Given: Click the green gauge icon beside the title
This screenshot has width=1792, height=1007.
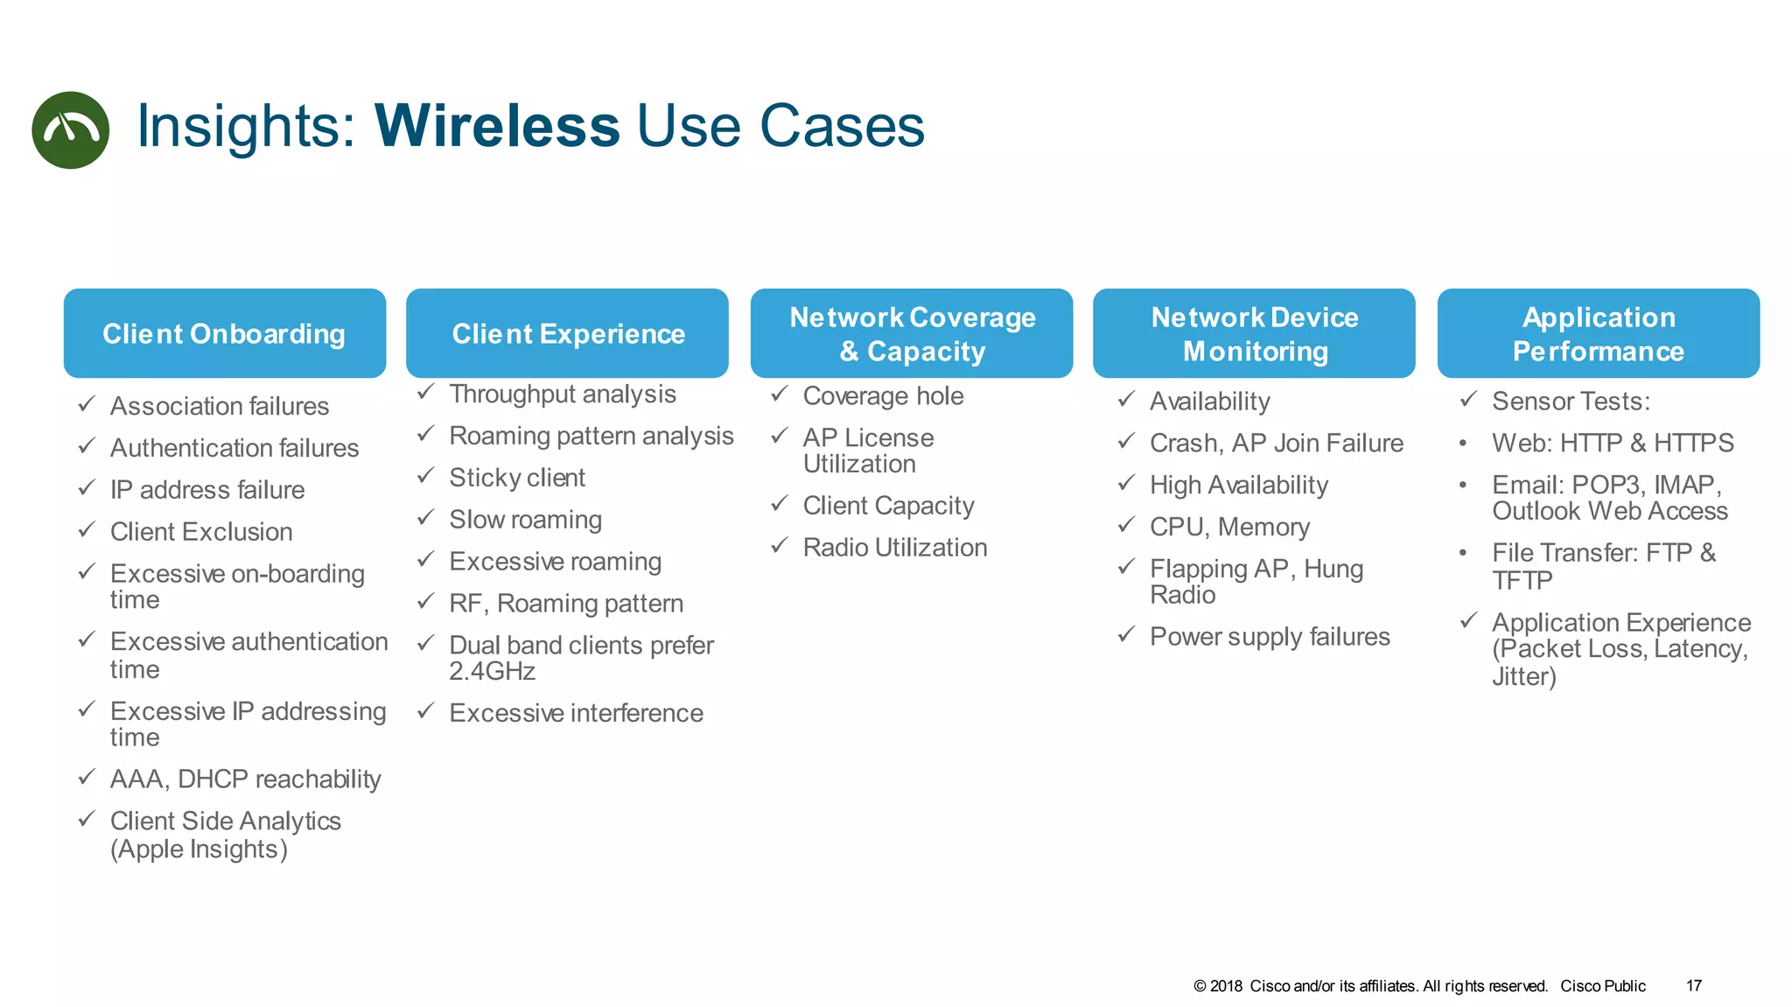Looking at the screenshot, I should [x=70, y=129].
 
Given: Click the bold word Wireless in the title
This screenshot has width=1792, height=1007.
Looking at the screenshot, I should [x=497, y=126].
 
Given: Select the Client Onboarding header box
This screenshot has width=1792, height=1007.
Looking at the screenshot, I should [x=224, y=333].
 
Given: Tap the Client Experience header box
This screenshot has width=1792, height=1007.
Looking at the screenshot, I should [x=567, y=333].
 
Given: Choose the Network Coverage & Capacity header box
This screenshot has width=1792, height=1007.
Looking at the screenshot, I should [x=912, y=333].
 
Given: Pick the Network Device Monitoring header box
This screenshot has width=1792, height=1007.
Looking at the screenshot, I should [x=1254, y=333].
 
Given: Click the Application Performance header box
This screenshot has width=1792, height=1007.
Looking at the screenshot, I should [x=1598, y=333].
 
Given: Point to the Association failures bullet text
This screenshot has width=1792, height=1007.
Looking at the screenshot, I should [x=219, y=406].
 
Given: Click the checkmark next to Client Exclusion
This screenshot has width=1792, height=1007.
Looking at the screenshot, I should [x=87, y=530].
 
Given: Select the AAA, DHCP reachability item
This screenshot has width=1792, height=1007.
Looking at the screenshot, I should [x=245, y=779].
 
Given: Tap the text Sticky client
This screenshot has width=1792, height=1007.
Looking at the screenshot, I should [x=516, y=478].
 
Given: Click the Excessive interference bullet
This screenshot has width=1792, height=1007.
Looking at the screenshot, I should [x=575, y=713].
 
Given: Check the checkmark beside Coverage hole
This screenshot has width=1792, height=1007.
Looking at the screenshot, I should [x=780, y=395].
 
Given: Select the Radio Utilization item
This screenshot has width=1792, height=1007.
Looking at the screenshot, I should [x=894, y=548].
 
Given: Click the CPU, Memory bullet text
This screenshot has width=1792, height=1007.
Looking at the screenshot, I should [x=1229, y=527].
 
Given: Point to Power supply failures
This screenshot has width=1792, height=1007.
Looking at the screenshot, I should [x=1269, y=637].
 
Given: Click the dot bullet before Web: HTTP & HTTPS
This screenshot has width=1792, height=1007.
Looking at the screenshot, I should [x=1462, y=444].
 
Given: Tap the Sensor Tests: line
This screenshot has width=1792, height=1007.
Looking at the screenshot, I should [x=1570, y=402].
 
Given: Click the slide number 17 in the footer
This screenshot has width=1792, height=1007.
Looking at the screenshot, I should [x=1693, y=986].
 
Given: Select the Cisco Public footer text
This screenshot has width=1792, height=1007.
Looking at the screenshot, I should [x=1602, y=986].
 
